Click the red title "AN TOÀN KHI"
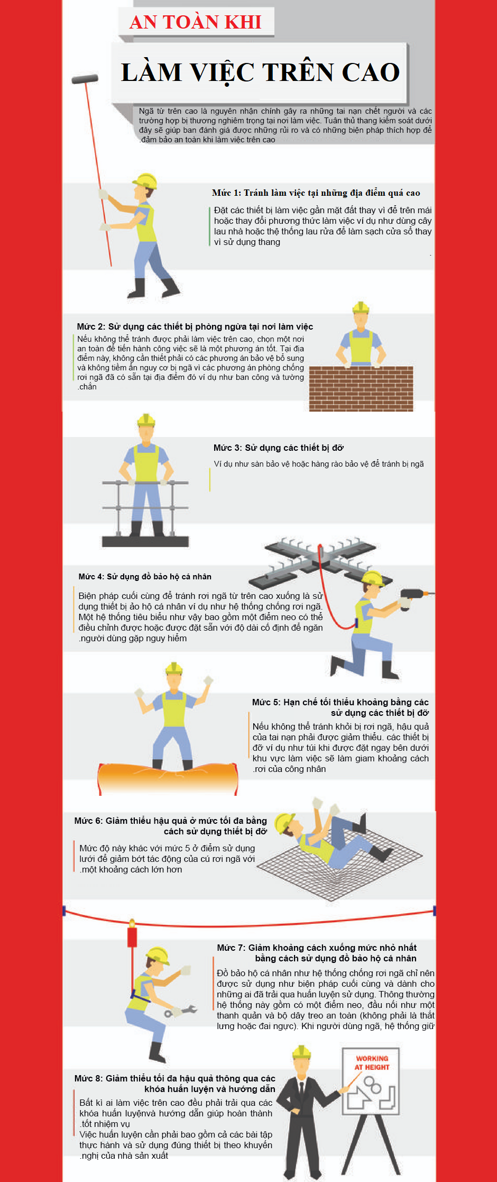click(x=195, y=22)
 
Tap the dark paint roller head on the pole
click(x=85, y=79)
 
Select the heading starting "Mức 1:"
click(x=316, y=193)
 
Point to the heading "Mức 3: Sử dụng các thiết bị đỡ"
click(x=279, y=448)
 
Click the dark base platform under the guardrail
click(x=145, y=541)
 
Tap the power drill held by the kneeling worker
click(x=415, y=597)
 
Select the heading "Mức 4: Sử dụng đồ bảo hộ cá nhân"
click(x=145, y=577)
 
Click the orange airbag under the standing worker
click(x=168, y=778)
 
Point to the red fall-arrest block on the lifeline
click(x=132, y=935)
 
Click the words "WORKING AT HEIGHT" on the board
click(x=372, y=1062)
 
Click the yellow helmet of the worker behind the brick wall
click(x=361, y=307)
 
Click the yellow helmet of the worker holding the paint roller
click(x=145, y=180)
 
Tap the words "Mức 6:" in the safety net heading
click(x=88, y=821)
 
